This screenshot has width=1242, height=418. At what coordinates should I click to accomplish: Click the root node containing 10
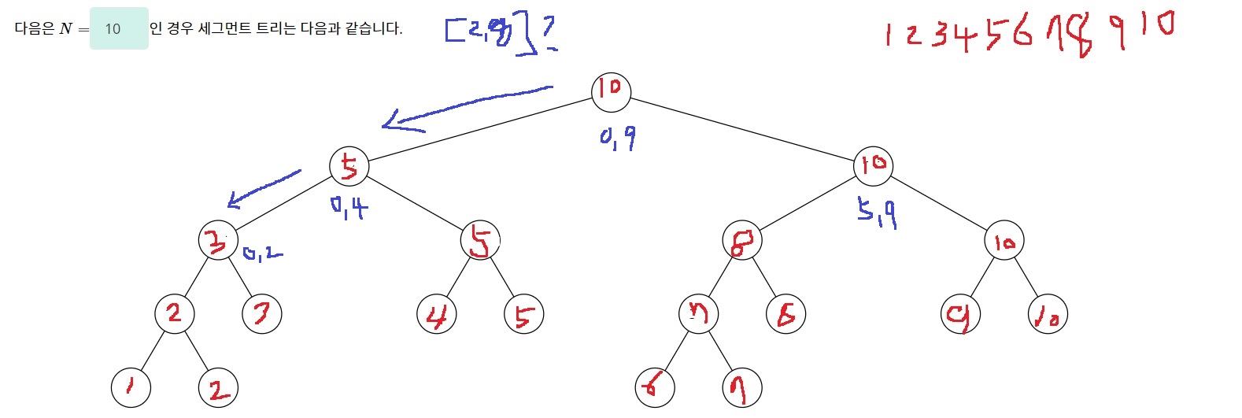(611, 89)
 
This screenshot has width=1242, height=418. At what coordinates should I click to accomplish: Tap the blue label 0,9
(618, 139)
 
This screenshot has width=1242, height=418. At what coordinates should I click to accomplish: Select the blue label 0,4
(349, 208)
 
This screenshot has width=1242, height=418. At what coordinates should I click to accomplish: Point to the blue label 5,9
(877, 213)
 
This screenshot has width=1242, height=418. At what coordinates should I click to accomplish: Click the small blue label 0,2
(263, 253)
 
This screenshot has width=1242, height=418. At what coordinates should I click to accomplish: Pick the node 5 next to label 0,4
(349, 166)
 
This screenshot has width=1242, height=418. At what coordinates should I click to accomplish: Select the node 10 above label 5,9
(873, 165)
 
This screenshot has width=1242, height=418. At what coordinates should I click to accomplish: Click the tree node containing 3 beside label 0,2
(218, 241)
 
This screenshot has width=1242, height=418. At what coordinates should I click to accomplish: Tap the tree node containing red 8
(742, 241)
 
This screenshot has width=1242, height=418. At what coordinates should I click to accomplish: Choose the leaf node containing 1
(131, 387)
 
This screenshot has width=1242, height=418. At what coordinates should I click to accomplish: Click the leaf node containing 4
(436, 315)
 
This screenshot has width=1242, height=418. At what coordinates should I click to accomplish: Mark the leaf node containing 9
(960, 315)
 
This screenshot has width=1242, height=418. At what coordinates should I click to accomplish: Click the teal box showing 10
(119, 29)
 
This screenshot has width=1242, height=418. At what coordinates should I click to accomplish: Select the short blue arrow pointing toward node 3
(264, 188)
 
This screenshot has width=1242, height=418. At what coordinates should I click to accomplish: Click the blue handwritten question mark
(549, 32)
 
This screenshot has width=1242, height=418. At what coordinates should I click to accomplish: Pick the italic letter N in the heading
(66, 29)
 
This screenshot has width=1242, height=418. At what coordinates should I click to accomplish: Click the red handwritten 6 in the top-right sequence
(1022, 32)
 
